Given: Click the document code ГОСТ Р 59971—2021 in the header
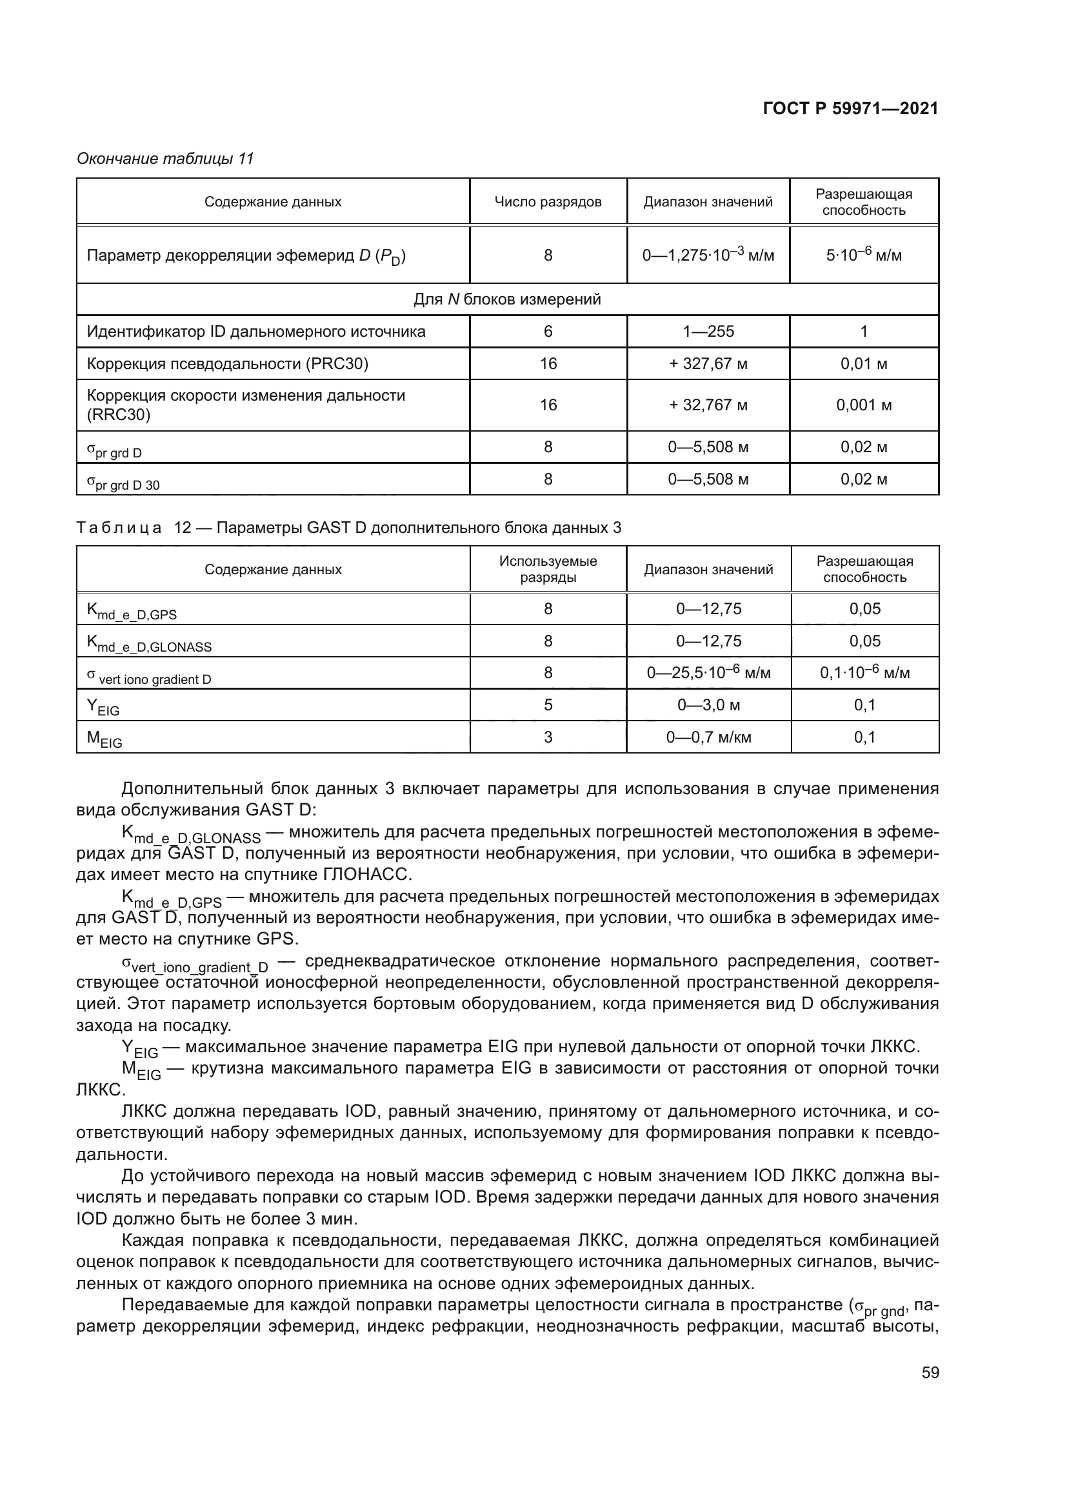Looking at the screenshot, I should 850,109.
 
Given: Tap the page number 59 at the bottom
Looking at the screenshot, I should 930,1372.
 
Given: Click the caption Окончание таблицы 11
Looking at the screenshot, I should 165,159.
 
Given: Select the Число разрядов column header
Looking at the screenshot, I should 547,202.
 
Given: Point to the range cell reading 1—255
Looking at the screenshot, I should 708,331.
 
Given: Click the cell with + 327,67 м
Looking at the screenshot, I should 708,363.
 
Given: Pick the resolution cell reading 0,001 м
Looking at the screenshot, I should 863,405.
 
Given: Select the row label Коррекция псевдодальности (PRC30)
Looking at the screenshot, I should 227,363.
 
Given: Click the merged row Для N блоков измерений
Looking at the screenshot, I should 506,300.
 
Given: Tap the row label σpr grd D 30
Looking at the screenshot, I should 123,483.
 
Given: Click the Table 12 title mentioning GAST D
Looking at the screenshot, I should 348,528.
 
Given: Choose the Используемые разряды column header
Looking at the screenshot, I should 547,569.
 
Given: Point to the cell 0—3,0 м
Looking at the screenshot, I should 708,705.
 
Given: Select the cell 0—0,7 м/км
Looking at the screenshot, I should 708,737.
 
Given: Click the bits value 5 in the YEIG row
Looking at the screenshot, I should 547,705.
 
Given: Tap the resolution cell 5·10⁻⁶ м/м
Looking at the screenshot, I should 863,255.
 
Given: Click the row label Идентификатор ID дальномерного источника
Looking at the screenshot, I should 255,331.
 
